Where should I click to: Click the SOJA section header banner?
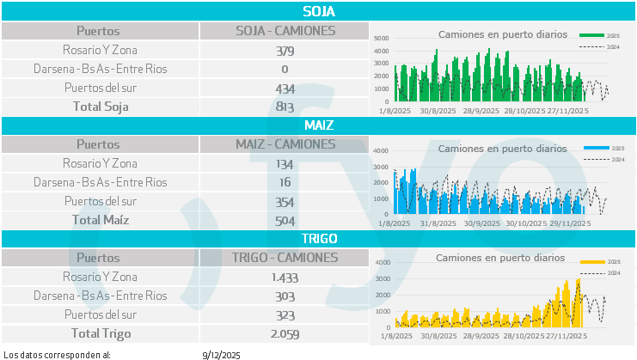[x=318, y=11]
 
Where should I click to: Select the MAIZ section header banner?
[x=318, y=125]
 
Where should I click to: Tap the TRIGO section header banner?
[x=318, y=238]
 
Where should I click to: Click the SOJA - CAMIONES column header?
[x=285, y=31]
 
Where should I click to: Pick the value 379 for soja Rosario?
[x=285, y=51]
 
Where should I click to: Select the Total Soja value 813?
[x=285, y=107]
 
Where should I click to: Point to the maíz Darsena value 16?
[x=285, y=182]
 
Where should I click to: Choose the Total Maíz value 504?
[x=285, y=220]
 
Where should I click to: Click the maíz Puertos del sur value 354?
[x=285, y=202]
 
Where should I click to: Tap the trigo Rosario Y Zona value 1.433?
[x=285, y=277]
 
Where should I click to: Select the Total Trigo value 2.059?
[x=285, y=333]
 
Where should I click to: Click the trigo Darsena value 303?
[x=285, y=296]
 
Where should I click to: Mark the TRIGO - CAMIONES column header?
[x=285, y=257]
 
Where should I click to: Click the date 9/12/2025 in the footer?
[x=221, y=354]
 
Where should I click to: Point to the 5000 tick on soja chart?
[x=383, y=39]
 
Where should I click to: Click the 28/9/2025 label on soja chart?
[x=481, y=111]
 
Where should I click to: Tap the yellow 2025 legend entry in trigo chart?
[x=602, y=261]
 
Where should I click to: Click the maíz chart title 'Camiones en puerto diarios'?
[x=502, y=149]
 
